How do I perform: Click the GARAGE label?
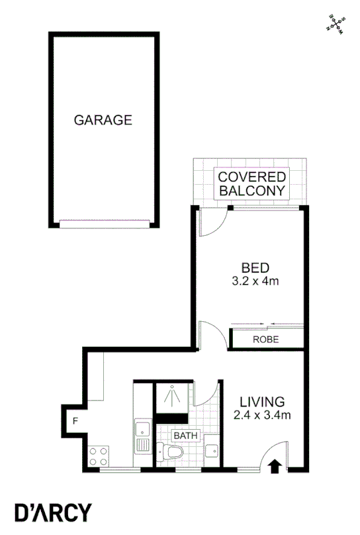pyautogui.click(x=103, y=121)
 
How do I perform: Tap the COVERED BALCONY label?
pyautogui.click(x=252, y=183)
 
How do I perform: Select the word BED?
pyautogui.click(x=255, y=268)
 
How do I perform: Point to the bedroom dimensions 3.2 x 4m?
pyautogui.click(x=255, y=281)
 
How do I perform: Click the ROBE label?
pyautogui.click(x=266, y=340)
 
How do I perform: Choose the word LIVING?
pyautogui.click(x=262, y=402)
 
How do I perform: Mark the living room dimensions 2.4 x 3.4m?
pyautogui.click(x=262, y=416)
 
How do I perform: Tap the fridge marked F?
pyautogui.click(x=76, y=420)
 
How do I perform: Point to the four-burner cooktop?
pyautogui.click(x=98, y=456)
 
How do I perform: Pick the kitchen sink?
pyautogui.click(x=142, y=436)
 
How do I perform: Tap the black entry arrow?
pyautogui.click(x=276, y=466)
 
